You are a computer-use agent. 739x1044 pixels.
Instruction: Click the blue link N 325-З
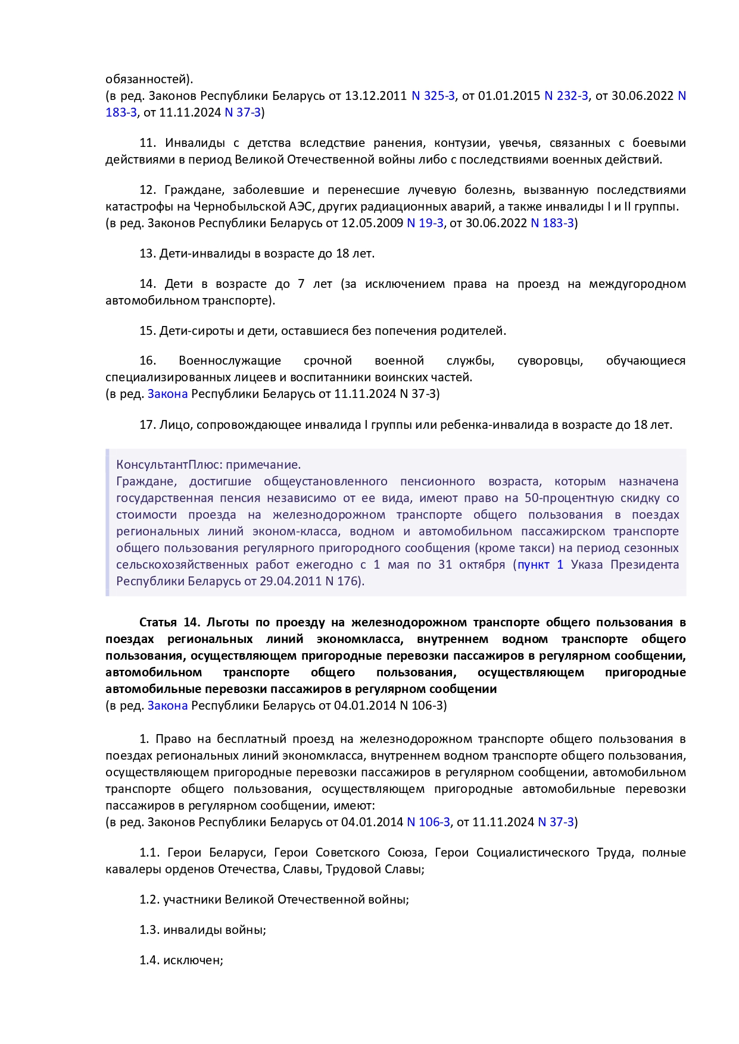(433, 96)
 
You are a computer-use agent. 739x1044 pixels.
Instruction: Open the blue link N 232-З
(566, 96)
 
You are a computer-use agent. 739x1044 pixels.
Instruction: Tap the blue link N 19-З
(425, 223)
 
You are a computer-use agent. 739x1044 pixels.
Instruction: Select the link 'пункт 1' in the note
(540, 565)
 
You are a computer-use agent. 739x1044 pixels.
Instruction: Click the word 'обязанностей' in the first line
(147, 79)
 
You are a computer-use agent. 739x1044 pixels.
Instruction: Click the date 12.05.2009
(372, 223)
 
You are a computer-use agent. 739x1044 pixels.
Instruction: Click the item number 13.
(147, 253)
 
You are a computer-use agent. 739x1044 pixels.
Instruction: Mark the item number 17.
(147, 425)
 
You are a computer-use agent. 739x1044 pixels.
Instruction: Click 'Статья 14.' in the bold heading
(169, 622)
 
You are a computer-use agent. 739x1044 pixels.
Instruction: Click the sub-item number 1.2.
(149, 899)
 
